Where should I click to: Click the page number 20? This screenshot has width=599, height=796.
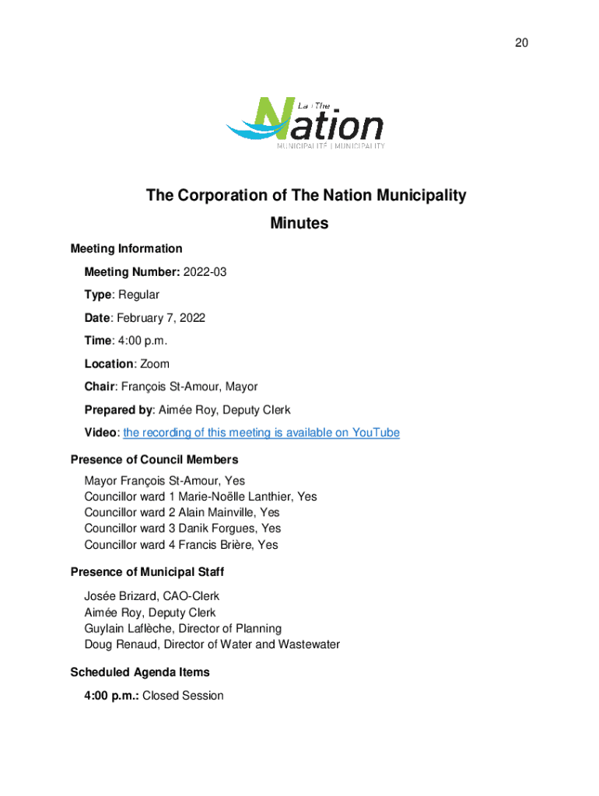tap(521, 43)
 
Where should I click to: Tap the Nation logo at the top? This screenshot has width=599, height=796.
tap(305, 123)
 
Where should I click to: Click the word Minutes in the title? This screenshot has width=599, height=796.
tap(299, 224)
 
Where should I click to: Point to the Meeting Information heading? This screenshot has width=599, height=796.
tap(126, 249)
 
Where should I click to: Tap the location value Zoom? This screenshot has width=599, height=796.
tap(154, 364)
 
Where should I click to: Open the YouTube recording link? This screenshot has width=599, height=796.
tap(261, 433)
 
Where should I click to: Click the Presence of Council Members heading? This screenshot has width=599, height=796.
tap(154, 460)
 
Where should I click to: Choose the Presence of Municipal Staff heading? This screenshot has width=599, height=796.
tap(147, 572)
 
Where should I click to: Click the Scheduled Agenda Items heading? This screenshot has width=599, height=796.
tap(140, 672)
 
